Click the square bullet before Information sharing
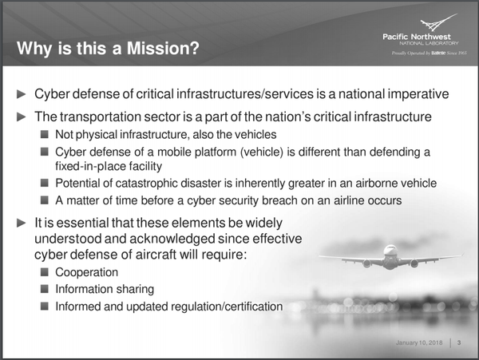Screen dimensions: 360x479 (45, 289)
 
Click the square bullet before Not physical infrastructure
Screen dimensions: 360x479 (45, 135)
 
